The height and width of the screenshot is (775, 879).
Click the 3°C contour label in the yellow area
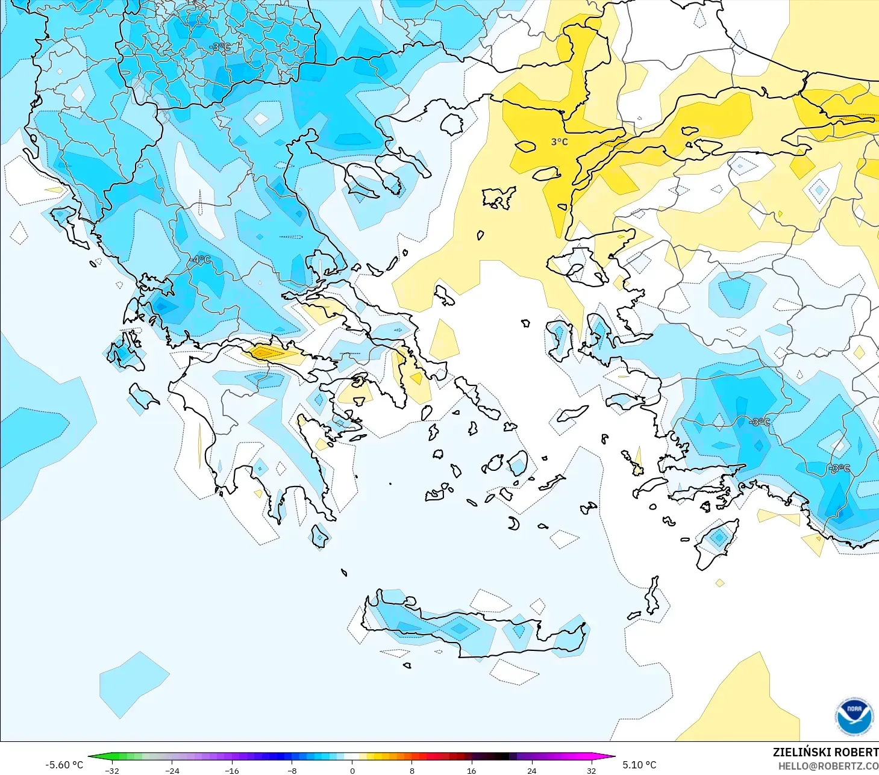[559, 142]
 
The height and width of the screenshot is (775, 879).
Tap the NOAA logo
[854, 717]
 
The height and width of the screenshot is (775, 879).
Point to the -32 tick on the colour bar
[112, 770]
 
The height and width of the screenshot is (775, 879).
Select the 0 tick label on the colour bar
[352, 770]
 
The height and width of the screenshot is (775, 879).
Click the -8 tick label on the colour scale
[292, 770]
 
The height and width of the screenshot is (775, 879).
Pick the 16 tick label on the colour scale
[471, 770]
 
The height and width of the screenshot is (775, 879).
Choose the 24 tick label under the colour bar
[531, 770]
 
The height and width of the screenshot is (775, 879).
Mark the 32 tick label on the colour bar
[591, 770]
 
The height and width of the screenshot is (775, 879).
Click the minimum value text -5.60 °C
[64, 765]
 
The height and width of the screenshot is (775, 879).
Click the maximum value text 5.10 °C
[639, 765]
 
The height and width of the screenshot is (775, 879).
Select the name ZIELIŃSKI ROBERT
[825, 752]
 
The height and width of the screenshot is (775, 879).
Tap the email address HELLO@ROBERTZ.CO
[828, 766]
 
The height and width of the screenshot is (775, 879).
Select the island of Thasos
[452, 124]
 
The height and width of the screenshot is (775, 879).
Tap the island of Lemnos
[499, 198]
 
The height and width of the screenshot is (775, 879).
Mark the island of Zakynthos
[143, 396]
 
